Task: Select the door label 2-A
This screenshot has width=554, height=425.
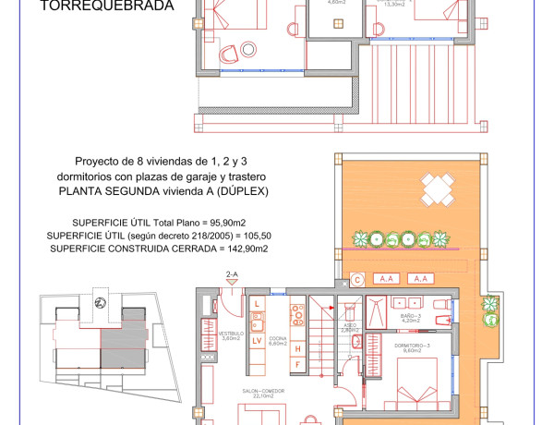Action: pos(232,274)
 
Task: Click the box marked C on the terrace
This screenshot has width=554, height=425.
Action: pos(357,278)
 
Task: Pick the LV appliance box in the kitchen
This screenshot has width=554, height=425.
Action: pos(258,341)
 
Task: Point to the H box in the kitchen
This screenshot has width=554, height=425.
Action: pos(297,348)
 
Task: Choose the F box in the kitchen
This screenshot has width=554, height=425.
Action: pos(297,364)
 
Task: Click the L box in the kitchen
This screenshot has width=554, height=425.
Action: pos(258,303)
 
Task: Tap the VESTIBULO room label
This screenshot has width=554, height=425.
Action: pos(230,334)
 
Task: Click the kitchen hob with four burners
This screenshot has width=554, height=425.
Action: pos(298,316)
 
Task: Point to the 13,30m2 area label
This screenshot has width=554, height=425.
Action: pos(395,4)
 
